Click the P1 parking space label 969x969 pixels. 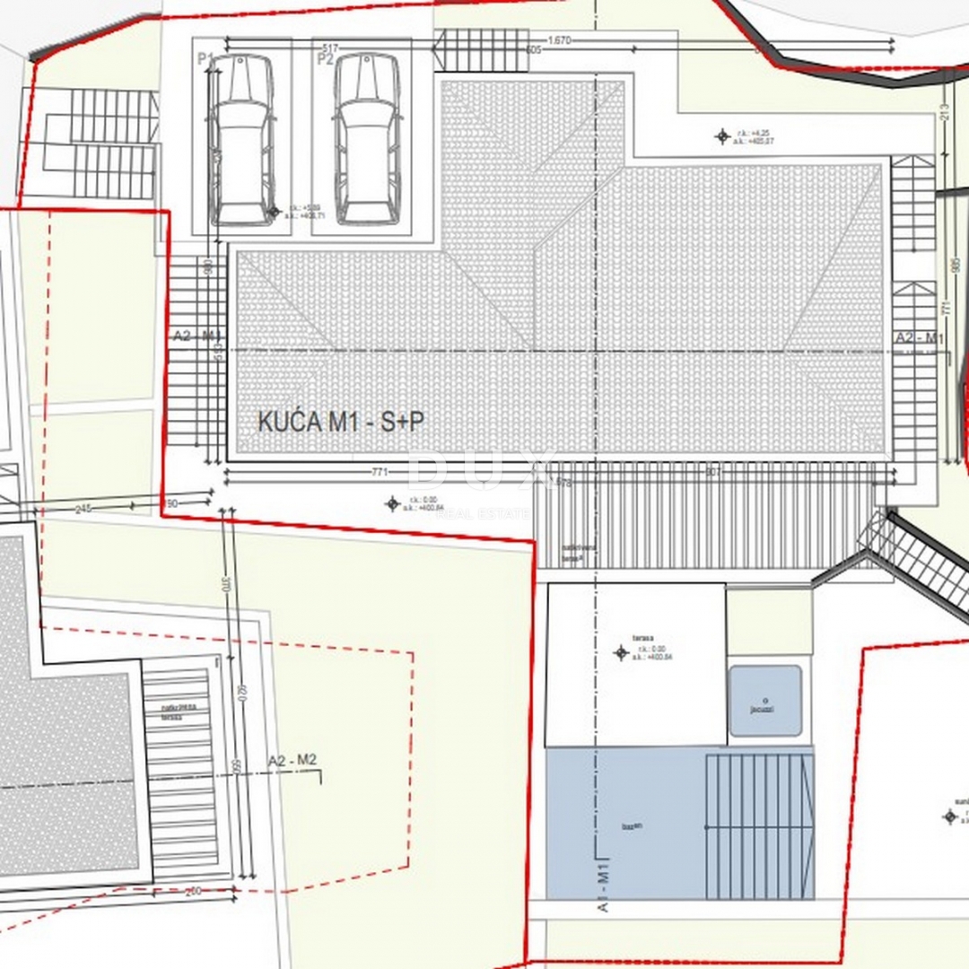click(205, 59)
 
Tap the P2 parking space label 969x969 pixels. click(325, 59)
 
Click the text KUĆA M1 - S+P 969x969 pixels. click(341, 423)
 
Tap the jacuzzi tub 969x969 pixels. click(765, 701)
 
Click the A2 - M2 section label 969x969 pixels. click(292, 761)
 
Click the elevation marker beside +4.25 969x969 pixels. click(722, 136)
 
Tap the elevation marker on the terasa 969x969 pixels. click(621, 652)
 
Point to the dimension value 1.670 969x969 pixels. click(558, 40)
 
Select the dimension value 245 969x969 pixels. click(83, 509)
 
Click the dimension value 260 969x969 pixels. click(193, 892)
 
